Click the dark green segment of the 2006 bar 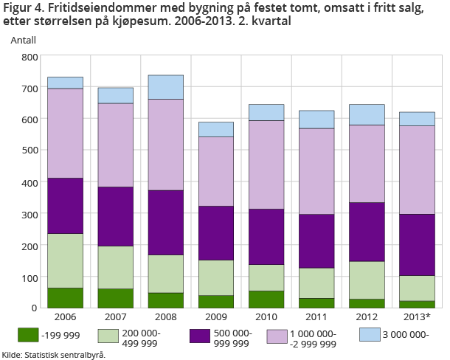pyautogui.click(x=65, y=297)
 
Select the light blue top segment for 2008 pyautogui.click(x=165, y=87)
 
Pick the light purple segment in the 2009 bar pyautogui.click(x=215, y=171)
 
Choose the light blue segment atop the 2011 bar pyautogui.click(x=316, y=120)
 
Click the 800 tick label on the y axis pyautogui.click(x=30, y=57)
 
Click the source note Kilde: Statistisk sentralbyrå pyautogui.click(x=53, y=354)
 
